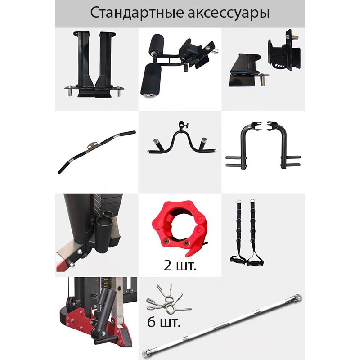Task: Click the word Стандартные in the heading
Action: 137,13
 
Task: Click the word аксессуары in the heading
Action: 229,14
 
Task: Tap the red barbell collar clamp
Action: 180,228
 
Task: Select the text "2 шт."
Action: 180,265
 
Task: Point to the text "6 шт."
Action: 163,322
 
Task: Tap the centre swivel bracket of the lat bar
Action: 94,146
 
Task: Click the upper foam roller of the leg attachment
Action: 156,44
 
